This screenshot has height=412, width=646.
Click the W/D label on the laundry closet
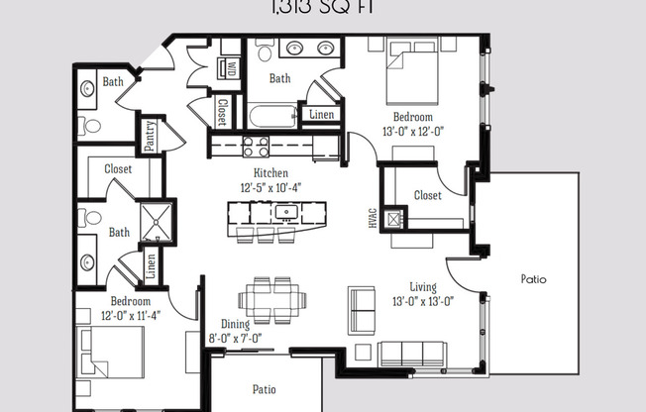(231, 69)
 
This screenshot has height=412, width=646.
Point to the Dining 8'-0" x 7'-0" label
(236, 331)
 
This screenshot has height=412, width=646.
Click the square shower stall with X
(157, 223)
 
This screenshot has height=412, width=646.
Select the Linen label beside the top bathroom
(320, 114)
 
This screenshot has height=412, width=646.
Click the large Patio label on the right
(533, 279)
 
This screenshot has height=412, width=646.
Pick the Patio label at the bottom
(263, 388)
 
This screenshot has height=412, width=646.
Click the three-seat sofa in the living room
(408, 354)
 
